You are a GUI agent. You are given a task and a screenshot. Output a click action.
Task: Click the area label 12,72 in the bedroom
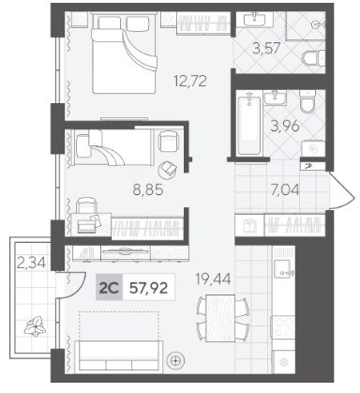tap(190, 82)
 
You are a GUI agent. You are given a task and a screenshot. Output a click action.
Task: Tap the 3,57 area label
tap(266, 49)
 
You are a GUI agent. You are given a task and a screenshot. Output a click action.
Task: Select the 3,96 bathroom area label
tap(285, 127)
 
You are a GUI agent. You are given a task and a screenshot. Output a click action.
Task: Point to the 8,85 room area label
tap(148, 189)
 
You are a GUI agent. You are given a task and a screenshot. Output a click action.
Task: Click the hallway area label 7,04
tap(285, 189)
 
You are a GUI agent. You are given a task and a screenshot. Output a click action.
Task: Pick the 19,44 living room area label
tap(213, 279)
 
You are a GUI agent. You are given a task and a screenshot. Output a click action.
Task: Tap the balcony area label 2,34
tap(31, 263)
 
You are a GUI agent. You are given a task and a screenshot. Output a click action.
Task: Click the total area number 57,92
tap(149, 288)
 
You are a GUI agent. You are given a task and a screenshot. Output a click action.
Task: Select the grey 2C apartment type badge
tap(109, 288)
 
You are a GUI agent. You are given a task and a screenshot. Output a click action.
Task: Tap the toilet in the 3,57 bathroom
tap(314, 58)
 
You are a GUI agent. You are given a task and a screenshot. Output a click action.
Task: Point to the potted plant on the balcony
tap(36, 325)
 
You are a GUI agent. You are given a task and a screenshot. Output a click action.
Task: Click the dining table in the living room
tap(220, 318)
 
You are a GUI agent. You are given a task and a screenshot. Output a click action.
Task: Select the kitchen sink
tap(283, 268)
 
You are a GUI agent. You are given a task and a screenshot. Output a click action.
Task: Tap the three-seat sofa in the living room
tap(118, 356)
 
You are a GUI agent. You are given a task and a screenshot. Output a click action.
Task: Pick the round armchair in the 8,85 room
tap(168, 170)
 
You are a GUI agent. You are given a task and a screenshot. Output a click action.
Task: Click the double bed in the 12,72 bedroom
tap(124, 54)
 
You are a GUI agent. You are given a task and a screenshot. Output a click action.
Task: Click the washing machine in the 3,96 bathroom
tap(312, 149)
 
